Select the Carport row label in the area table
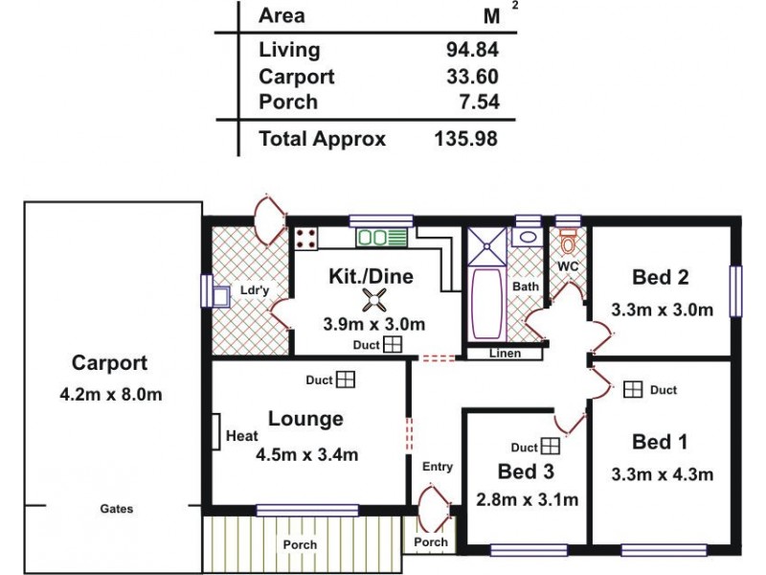pos(296,77)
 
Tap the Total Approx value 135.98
pos(465,139)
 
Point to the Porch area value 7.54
pos(476,102)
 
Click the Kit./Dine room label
pos(371,277)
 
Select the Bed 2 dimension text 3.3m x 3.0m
pos(663,310)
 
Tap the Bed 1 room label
pos(661,442)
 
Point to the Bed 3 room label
pos(527,471)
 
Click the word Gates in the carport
pos(117,509)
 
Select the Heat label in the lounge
pos(241,437)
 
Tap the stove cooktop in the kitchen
pos(306,239)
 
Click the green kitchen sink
pos(382,238)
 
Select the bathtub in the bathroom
pos(486,302)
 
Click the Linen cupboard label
pos(504,354)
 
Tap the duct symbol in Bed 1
pos(633,389)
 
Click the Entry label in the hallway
pos(437,467)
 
